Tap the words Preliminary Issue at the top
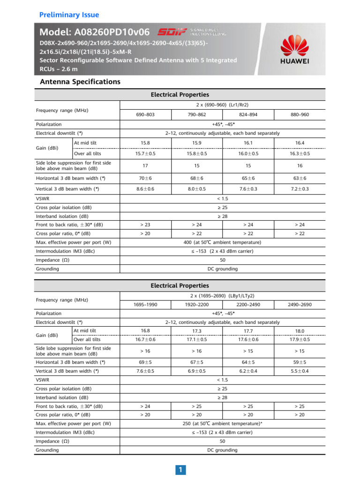pyautogui.click(x=69, y=15)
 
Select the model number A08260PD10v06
pyautogui.click(x=95, y=32)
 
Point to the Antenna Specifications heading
pyautogui.click(x=80, y=82)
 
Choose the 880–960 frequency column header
pyautogui.click(x=299, y=114)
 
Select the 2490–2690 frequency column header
pyautogui.click(x=299, y=305)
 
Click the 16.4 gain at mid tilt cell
pyautogui.click(x=299, y=143)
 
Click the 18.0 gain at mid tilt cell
pyautogui.click(x=299, y=331)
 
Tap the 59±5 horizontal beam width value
pyautogui.click(x=299, y=362)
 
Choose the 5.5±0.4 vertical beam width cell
pyautogui.click(x=299, y=371)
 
